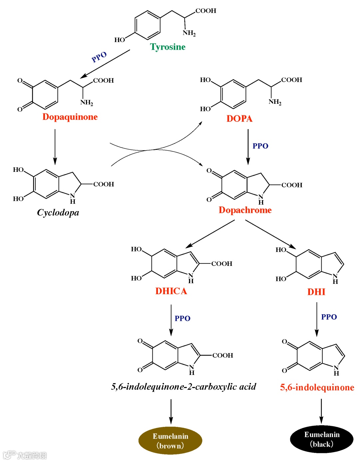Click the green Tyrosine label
[x=168, y=47]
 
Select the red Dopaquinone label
[x=70, y=117]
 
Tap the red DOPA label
[x=239, y=119]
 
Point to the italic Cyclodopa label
[x=58, y=212]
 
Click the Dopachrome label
[x=245, y=210]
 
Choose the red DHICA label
[x=171, y=291]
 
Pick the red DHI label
[x=316, y=292]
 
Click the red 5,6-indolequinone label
[x=317, y=387]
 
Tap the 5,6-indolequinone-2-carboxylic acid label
[x=184, y=387]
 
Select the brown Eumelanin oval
[x=170, y=441]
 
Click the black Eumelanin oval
[x=322, y=439]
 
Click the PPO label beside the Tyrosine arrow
[x=99, y=57]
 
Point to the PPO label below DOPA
[x=260, y=146]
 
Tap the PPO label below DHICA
[x=183, y=319]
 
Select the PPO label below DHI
[x=329, y=317]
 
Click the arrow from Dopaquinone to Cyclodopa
[x=55, y=147]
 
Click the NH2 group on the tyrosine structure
[x=189, y=33]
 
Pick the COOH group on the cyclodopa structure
[x=104, y=184]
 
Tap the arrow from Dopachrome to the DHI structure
[x=270, y=234]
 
